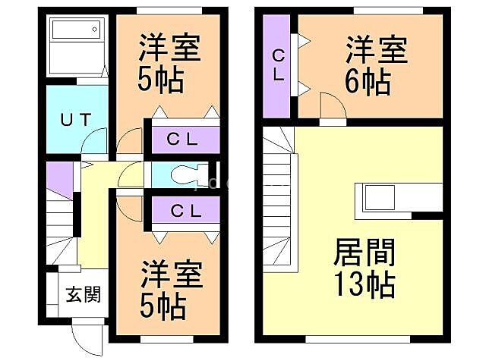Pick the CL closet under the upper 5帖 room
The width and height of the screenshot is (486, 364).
(x=182, y=139)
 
